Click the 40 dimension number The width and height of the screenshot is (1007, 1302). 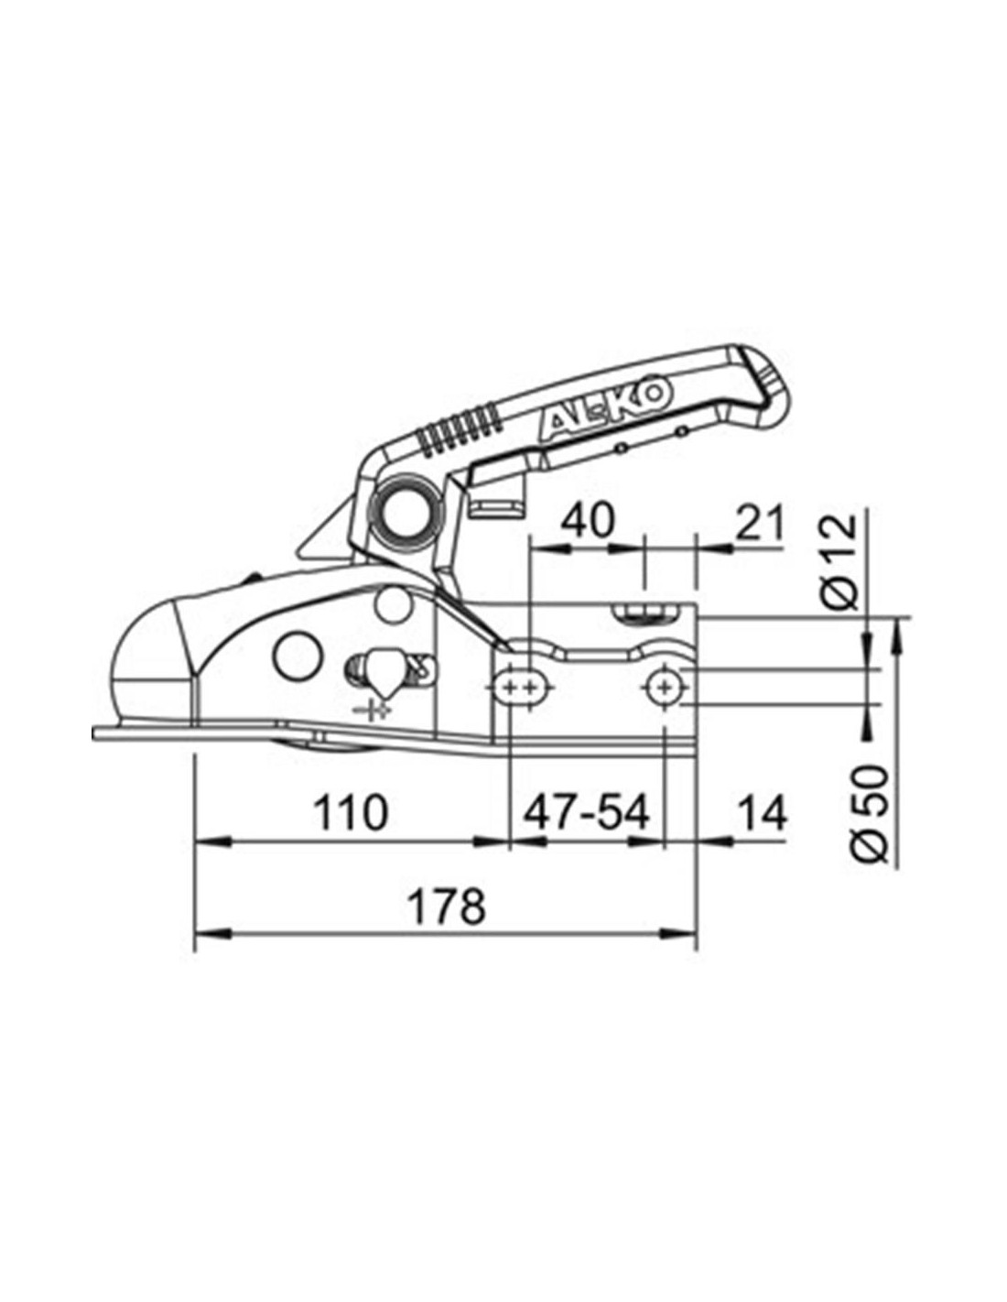click(x=587, y=520)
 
